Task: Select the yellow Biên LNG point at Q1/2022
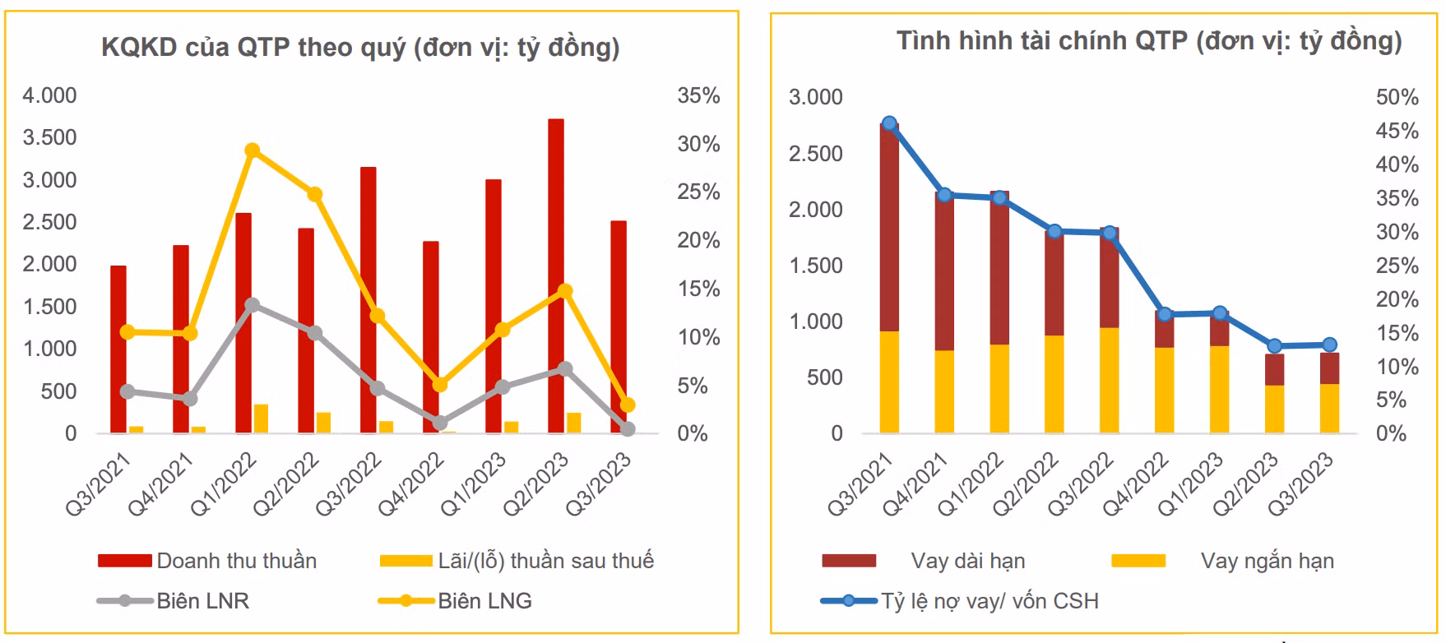click(253, 150)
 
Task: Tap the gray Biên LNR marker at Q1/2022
click(253, 305)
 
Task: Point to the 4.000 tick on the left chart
click(49, 96)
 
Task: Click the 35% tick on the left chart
click(698, 96)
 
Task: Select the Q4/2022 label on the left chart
click(410, 485)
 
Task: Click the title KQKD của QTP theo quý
click(360, 48)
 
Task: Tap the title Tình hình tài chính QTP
click(1148, 41)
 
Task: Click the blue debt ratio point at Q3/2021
click(889, 123)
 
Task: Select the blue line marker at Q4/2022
click(1165, 314)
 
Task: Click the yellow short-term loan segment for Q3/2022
click(1110, 380)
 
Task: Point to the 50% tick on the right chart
click(1397, 98)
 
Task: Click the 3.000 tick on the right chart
click(815, 98)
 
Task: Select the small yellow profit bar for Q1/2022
click(261, 419)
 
